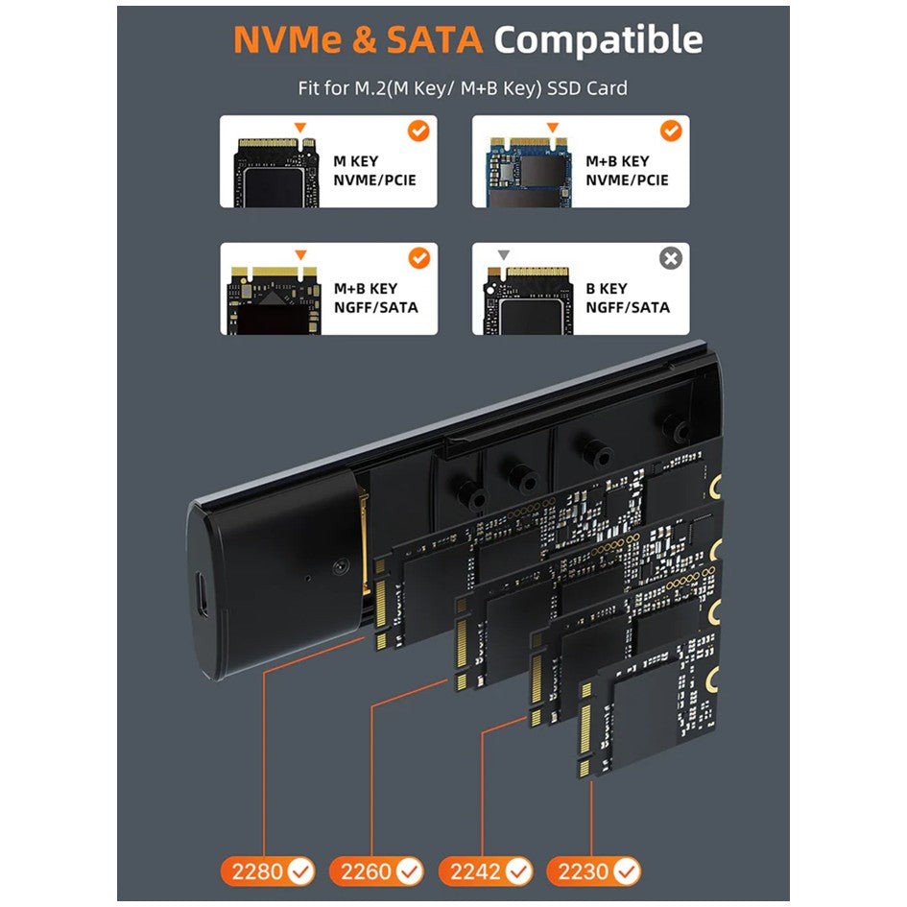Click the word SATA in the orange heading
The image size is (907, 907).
435,40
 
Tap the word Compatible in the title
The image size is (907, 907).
598,41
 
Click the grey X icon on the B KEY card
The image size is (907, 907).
671,258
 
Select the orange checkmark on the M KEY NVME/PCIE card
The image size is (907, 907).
418,131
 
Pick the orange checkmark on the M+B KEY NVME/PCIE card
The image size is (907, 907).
671,131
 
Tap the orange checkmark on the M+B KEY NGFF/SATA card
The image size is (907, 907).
418,258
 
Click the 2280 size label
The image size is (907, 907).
267,871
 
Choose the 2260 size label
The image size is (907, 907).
376,871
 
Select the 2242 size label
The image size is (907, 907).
486,871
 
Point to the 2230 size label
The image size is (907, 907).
593,871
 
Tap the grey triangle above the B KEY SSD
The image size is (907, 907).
504,254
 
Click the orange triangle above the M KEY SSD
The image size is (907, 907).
299,128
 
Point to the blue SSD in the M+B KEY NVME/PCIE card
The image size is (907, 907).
529,173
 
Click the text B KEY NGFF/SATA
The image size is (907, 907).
628,298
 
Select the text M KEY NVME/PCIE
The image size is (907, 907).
374,171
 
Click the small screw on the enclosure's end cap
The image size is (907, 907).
341,566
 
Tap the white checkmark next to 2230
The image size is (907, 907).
627,871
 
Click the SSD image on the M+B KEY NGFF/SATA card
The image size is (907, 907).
274,300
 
